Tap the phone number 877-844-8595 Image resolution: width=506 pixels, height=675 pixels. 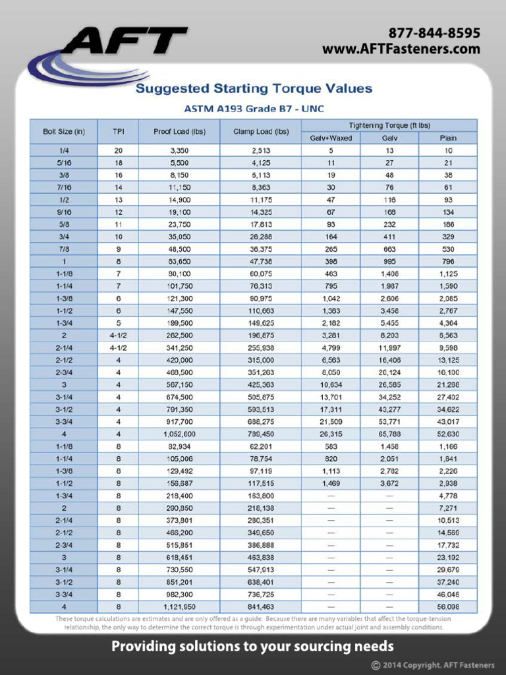434,33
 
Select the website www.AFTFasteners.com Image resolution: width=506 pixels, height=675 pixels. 401,49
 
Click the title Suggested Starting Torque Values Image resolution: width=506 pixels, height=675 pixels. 254,88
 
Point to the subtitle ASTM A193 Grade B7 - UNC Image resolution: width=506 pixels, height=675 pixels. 254,107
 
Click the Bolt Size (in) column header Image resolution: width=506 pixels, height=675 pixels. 64,131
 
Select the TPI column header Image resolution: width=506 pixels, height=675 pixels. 119,131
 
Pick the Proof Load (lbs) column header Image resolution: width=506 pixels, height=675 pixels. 179,131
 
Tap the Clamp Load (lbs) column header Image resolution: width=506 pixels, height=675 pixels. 261,131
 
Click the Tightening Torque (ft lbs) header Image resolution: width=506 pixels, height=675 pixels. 389,125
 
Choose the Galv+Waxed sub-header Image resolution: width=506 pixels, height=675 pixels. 331,138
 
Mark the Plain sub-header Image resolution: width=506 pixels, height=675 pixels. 448,138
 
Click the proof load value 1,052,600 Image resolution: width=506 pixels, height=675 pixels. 179,434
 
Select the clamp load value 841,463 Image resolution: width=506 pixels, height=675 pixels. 261,606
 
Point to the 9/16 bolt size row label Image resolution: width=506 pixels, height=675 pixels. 64,212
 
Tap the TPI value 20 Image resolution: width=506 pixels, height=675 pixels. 119,150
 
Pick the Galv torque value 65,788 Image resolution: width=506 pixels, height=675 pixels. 389,434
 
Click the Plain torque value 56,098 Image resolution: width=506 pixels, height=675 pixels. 448,606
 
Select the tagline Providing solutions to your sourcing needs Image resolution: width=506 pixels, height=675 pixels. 253,647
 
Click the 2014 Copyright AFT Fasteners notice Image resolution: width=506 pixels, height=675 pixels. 432,664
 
